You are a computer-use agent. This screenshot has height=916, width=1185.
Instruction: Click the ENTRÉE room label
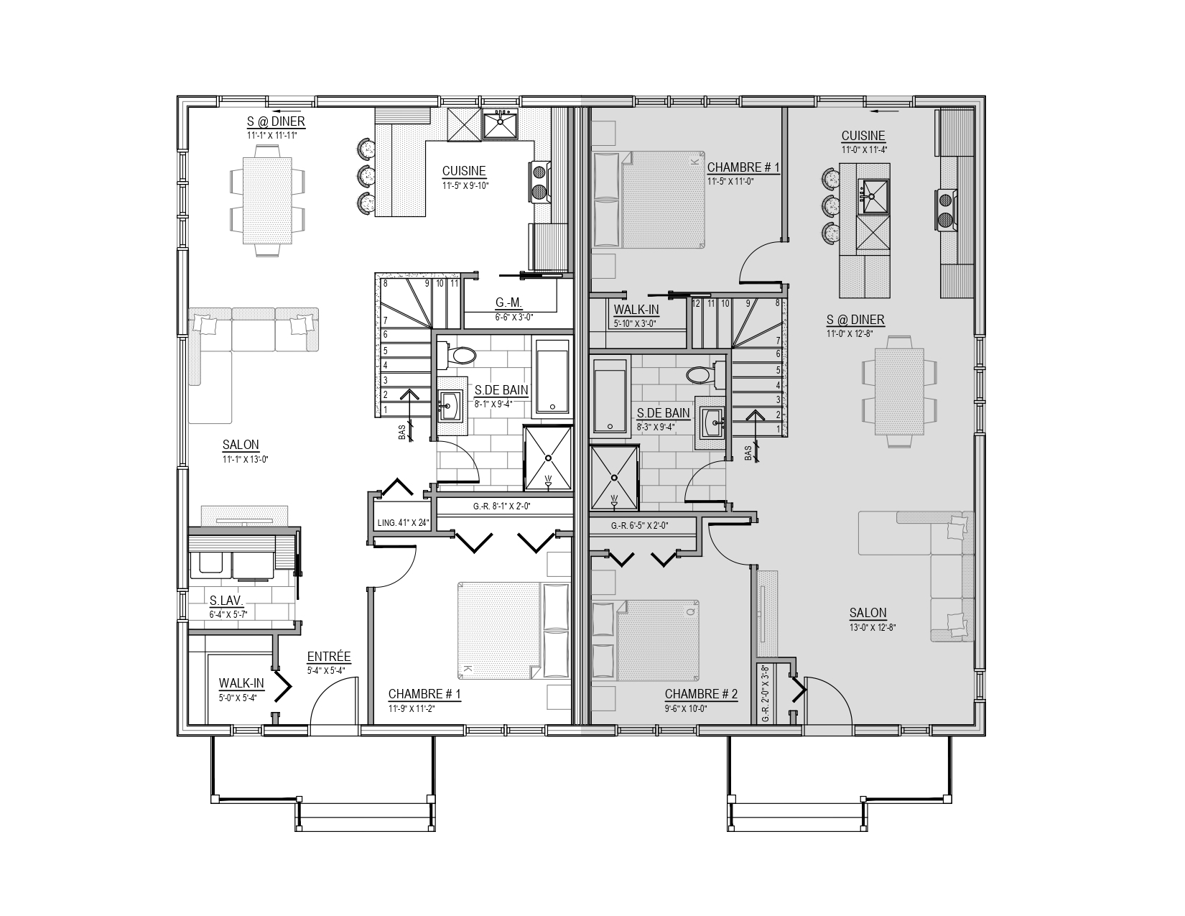pyautogui.click(x=328, y=657)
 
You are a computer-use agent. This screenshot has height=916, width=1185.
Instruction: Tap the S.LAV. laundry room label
pyautogui.click(x=226, y=601)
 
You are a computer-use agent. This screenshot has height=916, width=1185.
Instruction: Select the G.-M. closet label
pyautogui.click(x=508, y=302)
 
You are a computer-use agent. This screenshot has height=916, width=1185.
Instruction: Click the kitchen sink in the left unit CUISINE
pyautogui.click(x=501, y=124)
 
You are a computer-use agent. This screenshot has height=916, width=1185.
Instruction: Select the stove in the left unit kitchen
pyautogui.click(x=539, y=182)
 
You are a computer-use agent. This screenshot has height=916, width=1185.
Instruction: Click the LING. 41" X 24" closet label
pyautogui.click(x=404, y=522)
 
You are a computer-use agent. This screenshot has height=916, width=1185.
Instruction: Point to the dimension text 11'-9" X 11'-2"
pyautogui.click(x=412, y=708)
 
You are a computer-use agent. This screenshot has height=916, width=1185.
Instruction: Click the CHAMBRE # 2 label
pyautogui.click(x=701, y=694)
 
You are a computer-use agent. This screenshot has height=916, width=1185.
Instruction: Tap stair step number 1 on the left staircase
pyautogui.click(x=386, y=410)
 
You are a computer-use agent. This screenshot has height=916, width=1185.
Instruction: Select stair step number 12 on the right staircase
pyautogui.click(x=696, y=303)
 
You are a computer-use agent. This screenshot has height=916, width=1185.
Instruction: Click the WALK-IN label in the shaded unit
pyautogui.click(x=636, y=310)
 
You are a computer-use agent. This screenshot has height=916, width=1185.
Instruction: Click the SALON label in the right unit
pyautogui.click(x=868, y=613)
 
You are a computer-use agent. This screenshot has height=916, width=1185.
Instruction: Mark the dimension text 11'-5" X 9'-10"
pyautogui.click(x=465, y=185)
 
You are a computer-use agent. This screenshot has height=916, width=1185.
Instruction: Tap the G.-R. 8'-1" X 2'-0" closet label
pyautogui.click(x=502, y=506)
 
